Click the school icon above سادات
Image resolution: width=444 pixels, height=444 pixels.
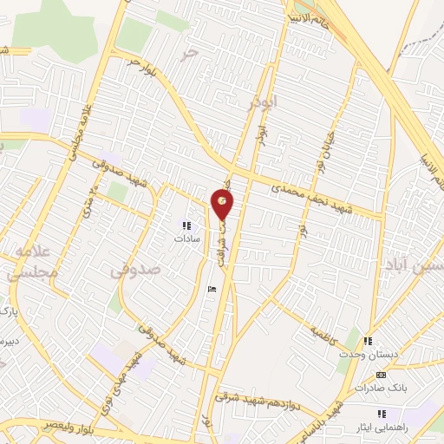[185, 224]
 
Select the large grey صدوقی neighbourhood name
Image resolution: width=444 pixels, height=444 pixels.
[136, 271]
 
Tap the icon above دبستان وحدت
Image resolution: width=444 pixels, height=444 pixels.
[368, 341]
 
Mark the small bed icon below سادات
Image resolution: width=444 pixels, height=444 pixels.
[212, 290]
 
